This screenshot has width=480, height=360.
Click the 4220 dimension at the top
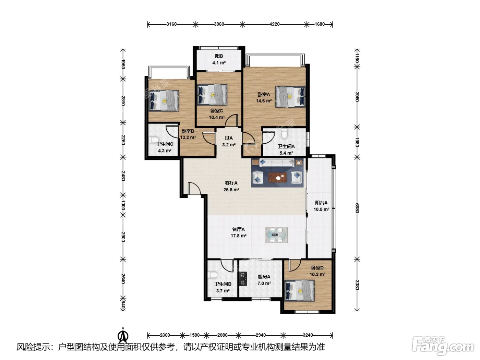[x=274, y=24]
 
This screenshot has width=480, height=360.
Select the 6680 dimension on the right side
[x=357, y=208]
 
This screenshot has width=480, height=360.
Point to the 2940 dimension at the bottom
[x=261, y=335]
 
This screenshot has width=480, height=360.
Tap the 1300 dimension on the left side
[x=123, y=205]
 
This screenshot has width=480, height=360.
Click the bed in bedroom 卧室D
[x=299, y=290]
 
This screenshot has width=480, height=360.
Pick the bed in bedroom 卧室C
[x=212, y=95]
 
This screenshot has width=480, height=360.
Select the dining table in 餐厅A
[x=276, y=235]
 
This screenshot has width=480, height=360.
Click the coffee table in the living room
[x=277, y=178]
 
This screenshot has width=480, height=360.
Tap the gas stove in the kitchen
[x=243, y=279]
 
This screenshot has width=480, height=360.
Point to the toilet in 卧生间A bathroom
[x=284, y=134]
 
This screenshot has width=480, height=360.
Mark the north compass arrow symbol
[x=123, y=336]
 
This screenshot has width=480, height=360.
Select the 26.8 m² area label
[x=231, y=190]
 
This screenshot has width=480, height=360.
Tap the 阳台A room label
[x=321, y=203]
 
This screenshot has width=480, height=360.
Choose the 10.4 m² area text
[x=217, y=117]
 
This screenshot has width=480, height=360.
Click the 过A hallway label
[x=229, y=138]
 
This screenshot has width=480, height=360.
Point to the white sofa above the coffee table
[x=277, y=163]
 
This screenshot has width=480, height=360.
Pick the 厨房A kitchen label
[x=264, y=277]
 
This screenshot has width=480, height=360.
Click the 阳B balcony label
[x=219, y=56]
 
